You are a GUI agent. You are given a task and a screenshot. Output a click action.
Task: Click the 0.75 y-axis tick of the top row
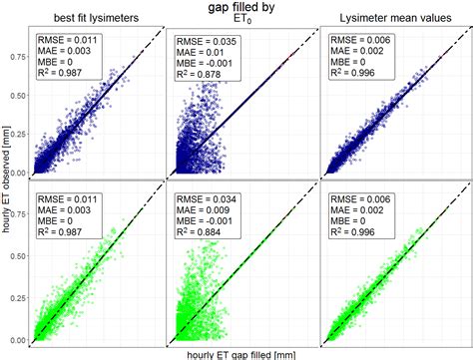tap(17, 57)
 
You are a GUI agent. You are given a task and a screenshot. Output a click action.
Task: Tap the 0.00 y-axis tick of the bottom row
tap(17, 341)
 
